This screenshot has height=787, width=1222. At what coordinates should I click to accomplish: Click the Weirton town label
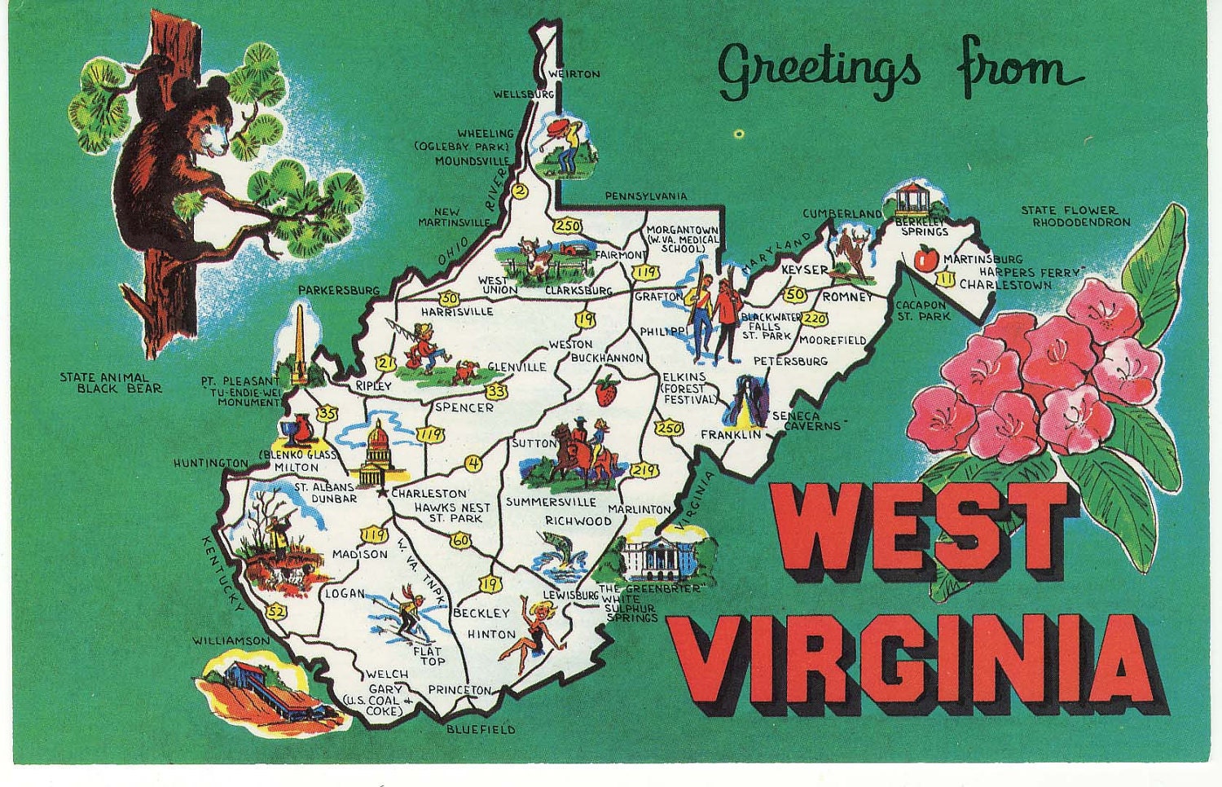coord(575,74)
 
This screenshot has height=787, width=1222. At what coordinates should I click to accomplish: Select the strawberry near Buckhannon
coord(606,390)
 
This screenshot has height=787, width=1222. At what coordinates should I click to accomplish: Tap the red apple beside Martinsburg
coord(925,259)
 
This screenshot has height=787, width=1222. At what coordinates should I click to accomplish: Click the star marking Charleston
coord(383,492)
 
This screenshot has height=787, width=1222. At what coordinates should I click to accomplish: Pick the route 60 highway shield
coord(461,539)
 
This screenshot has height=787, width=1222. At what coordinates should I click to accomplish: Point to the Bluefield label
coord(481,730)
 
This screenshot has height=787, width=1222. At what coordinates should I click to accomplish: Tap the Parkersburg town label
coord(339,290)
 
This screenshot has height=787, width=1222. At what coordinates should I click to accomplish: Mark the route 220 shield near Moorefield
coord(815,319)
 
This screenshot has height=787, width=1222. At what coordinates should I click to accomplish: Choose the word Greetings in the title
coord(820,70)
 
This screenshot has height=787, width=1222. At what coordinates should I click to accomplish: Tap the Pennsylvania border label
coord(645,196)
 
